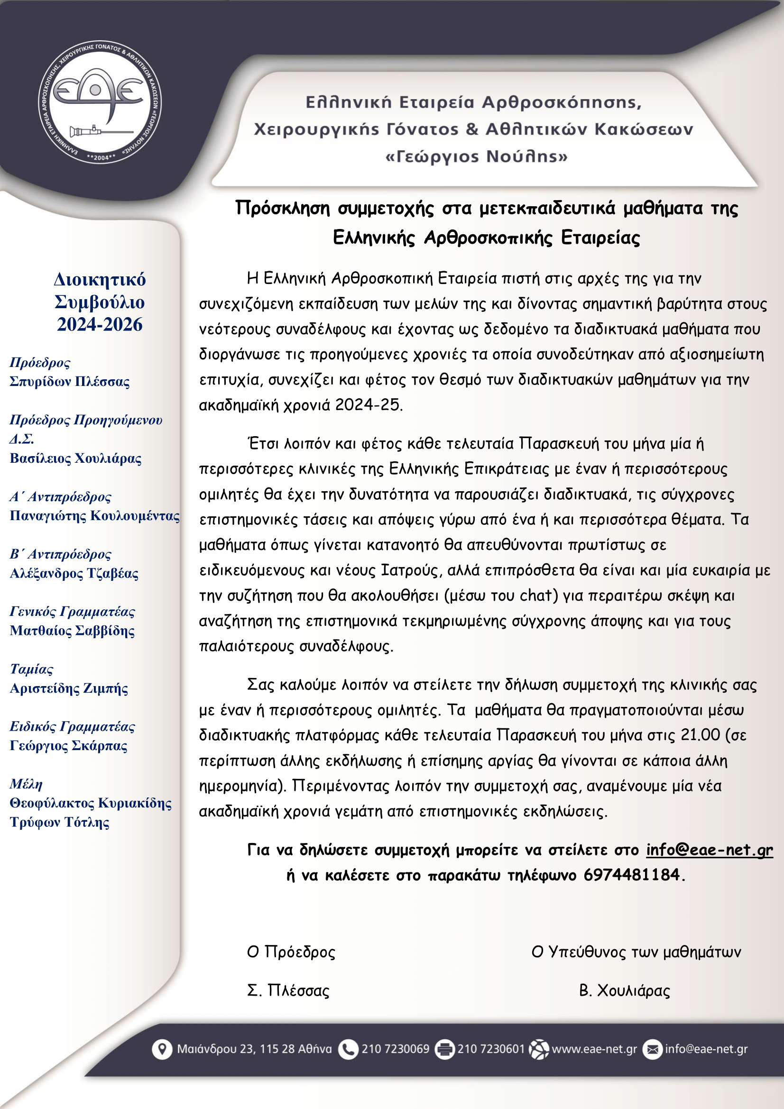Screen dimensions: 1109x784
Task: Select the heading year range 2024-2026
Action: pos(100,325)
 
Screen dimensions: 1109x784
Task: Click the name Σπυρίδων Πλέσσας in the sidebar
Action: pos(70,382)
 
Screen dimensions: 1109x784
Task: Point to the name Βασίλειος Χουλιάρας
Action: pos(75,458)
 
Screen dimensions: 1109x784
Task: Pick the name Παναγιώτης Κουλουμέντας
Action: pos(95,516)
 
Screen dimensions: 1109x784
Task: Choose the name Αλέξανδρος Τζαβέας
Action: pos(74,573)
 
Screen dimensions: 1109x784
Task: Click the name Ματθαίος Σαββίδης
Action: pos(72,631)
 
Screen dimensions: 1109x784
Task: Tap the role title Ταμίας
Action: pos(31,669)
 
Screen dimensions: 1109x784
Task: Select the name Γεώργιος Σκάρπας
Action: pos(69,746)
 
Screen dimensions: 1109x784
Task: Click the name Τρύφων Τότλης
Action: pos(59,822)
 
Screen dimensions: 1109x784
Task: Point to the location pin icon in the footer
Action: pos(162,1049)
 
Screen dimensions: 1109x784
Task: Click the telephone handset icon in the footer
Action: pos(348,1049)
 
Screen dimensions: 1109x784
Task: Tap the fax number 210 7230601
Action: pos(491,1049)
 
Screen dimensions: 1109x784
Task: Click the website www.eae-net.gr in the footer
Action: pos(594,1049)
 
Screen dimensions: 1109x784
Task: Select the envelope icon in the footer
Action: pos(652,1049)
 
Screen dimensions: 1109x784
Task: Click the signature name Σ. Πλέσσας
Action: pos(288,990)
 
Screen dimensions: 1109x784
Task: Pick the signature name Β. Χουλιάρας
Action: pos(624,990)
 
